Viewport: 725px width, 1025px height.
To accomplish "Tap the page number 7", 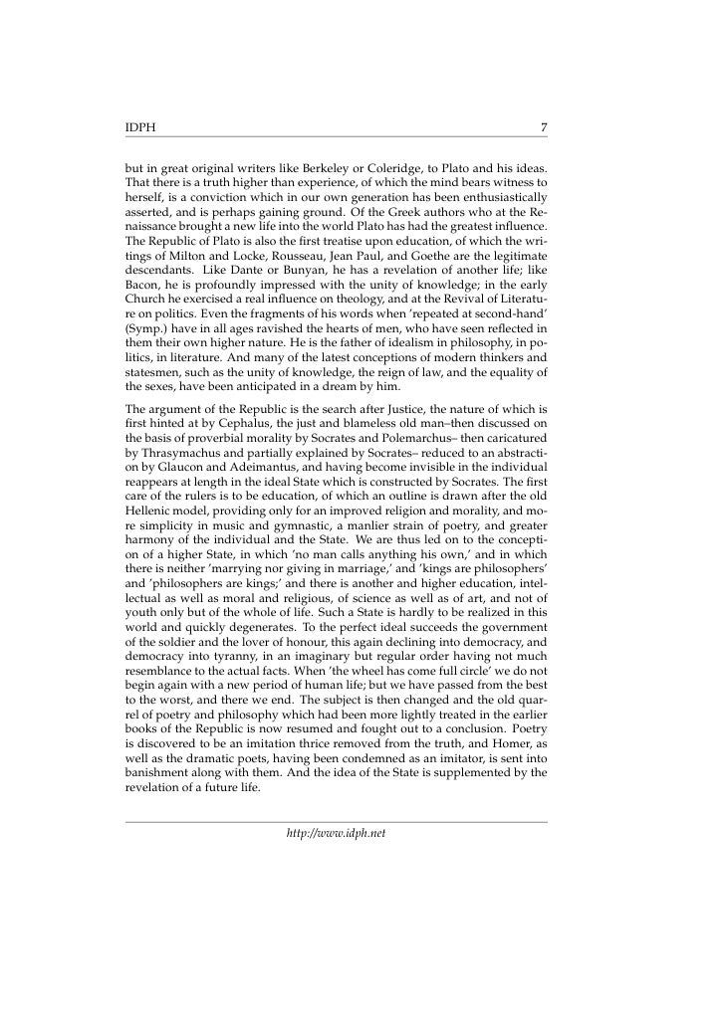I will click(543, 127).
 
